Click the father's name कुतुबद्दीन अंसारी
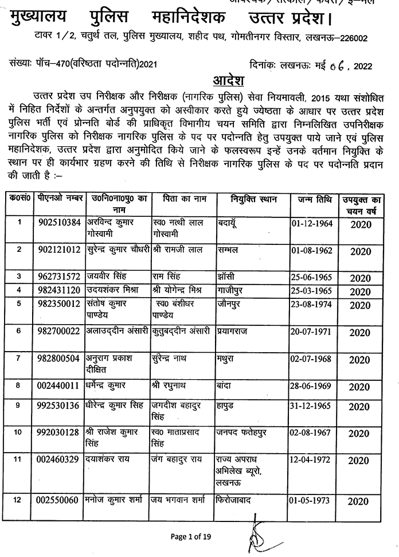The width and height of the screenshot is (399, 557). tap(182, 331)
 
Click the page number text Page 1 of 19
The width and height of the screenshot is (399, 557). tap(191, 537)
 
